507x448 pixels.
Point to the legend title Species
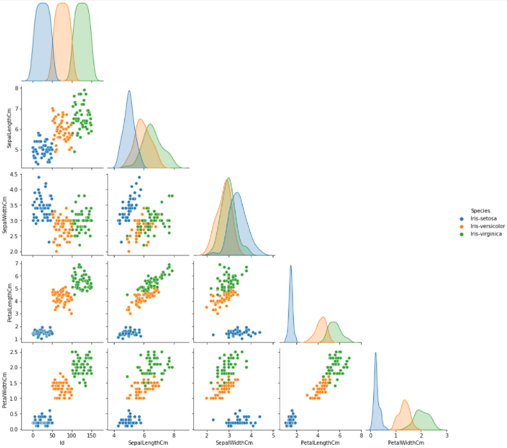click(x=480, y=210)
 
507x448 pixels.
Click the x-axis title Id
click(x=62, y=442)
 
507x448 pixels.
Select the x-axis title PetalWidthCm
click(x=406, y=442)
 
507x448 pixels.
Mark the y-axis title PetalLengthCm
click(x=8, y=299)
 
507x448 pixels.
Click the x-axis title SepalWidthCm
click(x=234, y=442)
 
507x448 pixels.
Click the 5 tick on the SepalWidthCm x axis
click(x=273, y=435)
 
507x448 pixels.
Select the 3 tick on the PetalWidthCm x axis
click(x=446, y=435)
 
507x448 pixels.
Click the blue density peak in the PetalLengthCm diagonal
click(x=291, y=266)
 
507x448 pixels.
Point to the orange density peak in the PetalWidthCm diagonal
click(x=405, y=401)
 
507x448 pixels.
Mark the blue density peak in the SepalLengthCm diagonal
click(x=129, y=91)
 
